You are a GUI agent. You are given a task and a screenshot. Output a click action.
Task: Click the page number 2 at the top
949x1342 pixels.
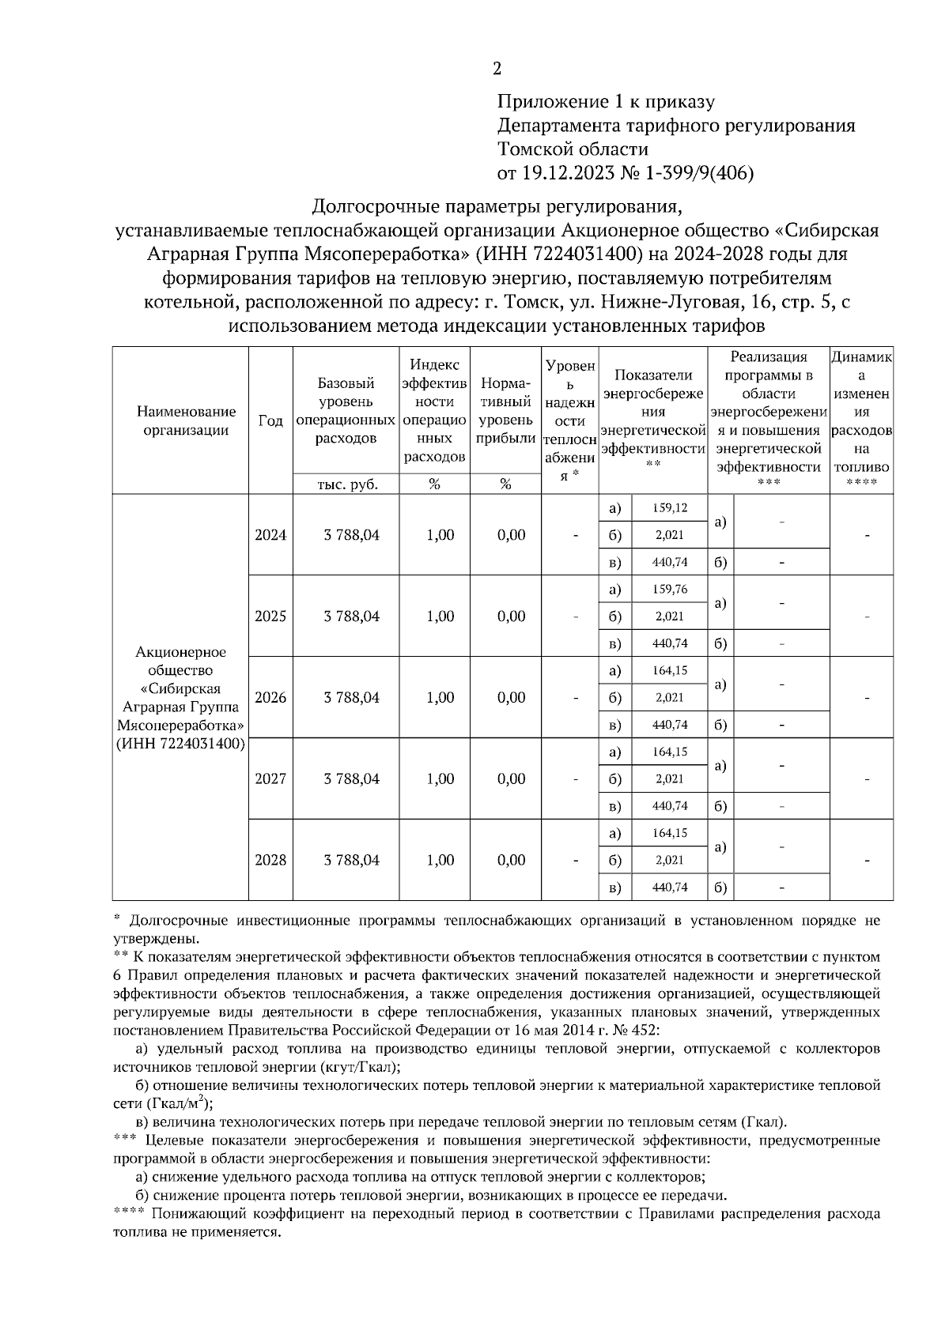point(497,70)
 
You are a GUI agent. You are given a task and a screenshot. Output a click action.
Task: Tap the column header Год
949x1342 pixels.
point(270,421)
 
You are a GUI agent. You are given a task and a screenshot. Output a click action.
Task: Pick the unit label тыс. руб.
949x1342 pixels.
point(346,484)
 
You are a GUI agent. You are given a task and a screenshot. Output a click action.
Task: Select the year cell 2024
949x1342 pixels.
point(270,535)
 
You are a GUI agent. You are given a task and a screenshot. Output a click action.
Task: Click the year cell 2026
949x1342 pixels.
point(270,698)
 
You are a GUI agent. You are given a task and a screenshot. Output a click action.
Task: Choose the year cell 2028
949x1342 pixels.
point(270,860)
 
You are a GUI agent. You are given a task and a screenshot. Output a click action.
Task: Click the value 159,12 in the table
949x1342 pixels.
point(669,508)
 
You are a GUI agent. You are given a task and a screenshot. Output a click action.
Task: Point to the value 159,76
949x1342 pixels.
point(669,590)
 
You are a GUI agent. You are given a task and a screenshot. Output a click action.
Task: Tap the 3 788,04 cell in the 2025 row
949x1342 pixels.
point(351,616)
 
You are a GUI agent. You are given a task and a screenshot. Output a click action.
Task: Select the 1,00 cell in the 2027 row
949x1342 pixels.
point(440,779)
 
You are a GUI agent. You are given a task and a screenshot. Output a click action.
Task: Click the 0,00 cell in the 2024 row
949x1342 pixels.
point(512,535)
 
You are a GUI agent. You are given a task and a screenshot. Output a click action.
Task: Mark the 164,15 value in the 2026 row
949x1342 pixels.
point(669,671)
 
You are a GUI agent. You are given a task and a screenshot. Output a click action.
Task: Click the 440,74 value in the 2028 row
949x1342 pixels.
point(669,888)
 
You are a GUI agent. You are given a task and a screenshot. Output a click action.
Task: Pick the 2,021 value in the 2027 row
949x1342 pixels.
point(669,779)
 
